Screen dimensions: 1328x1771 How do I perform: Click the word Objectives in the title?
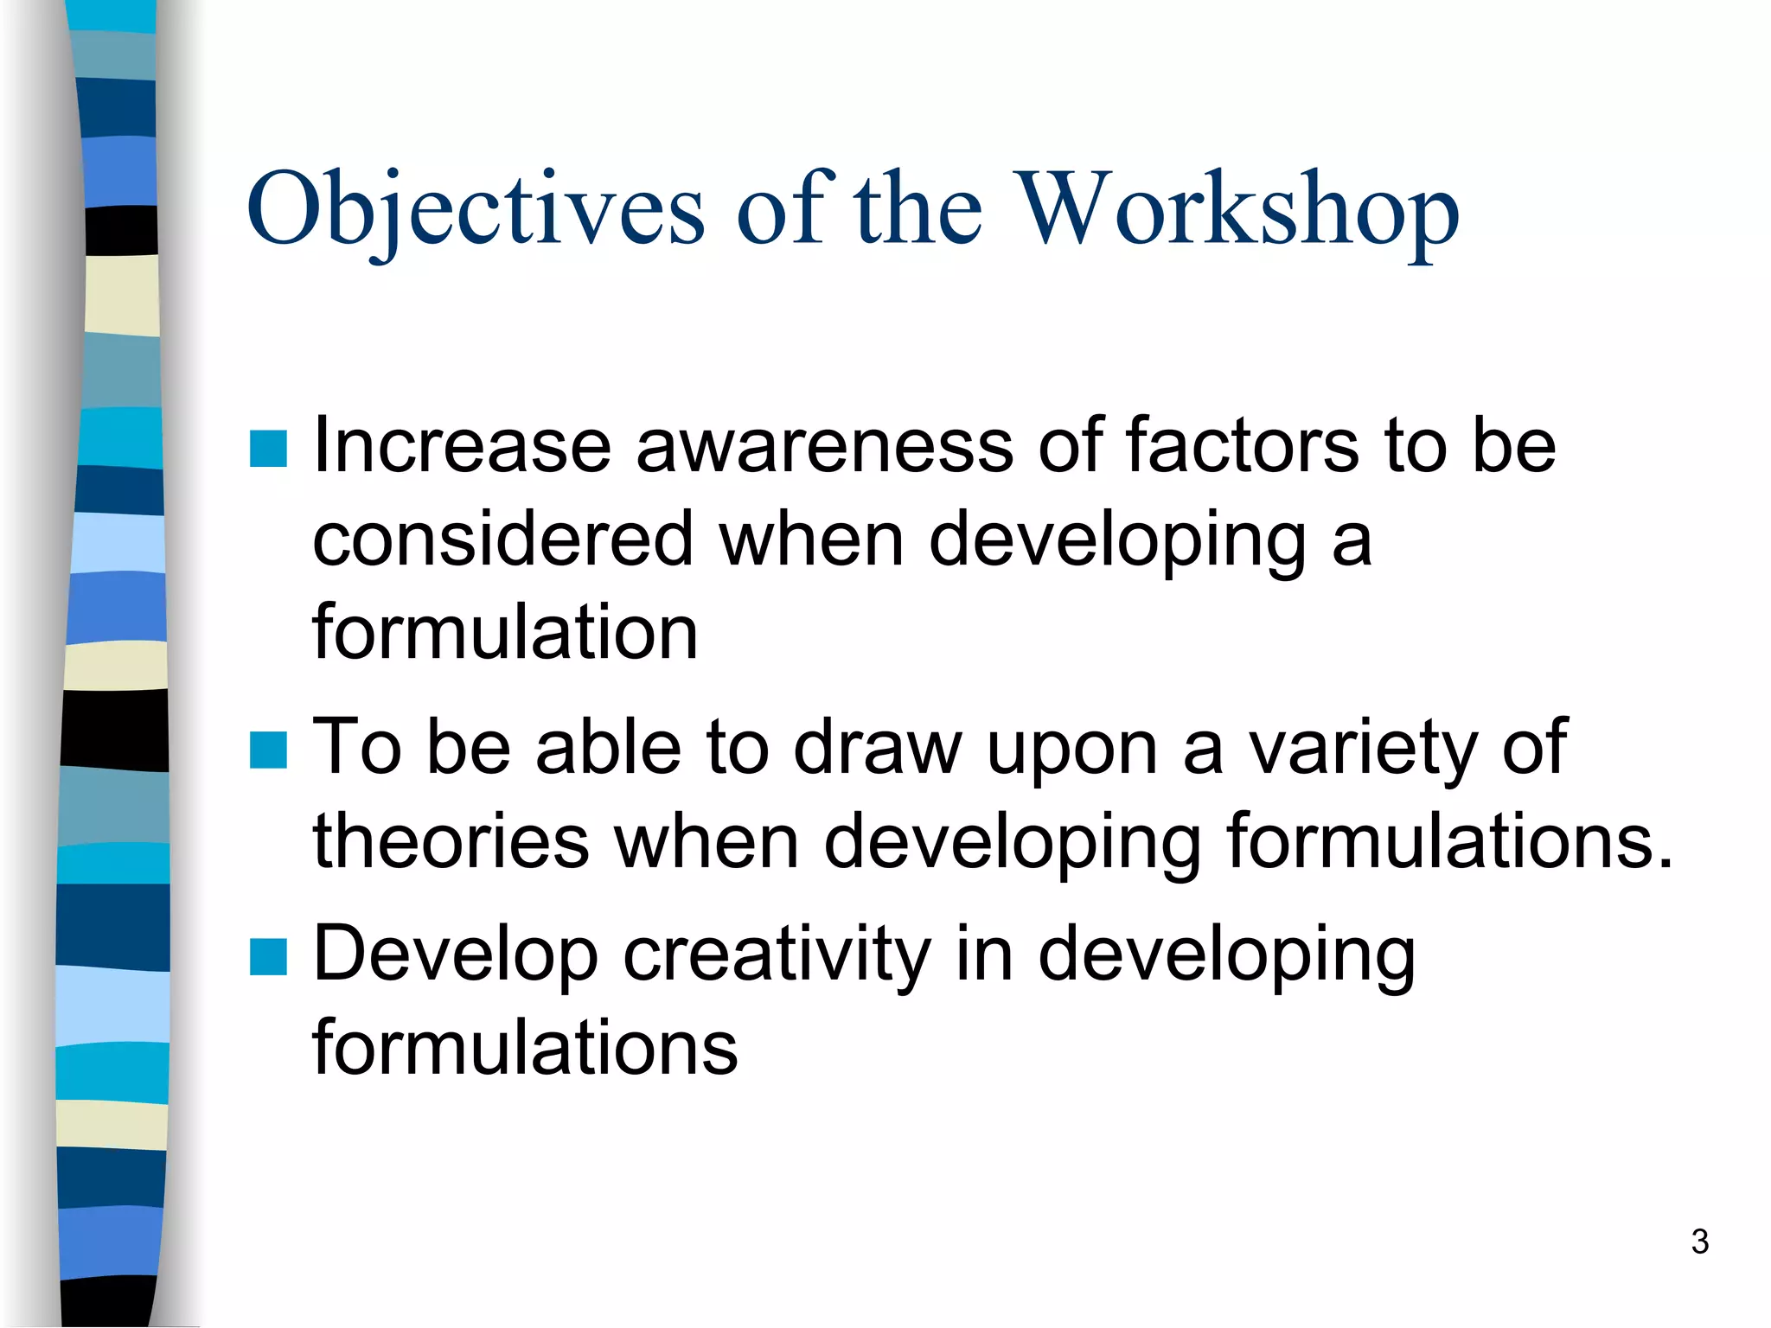pos(476,210)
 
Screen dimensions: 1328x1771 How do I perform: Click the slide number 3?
pos(1699,1242)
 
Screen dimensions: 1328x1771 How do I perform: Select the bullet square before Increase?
pos(268,449)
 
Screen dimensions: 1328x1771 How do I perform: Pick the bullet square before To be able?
pos(268,750)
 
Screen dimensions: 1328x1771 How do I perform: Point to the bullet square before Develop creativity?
pos(268,957)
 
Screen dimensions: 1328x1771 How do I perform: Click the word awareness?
pos(825,447)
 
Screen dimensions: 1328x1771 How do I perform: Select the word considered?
pos(502,540)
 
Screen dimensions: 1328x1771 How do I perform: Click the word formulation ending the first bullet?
pos(505,634)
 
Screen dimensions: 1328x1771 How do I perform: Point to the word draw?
pos(877,748)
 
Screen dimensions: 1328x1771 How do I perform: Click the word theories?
pos(451,841)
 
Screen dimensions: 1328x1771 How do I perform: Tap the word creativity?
pos(777,955)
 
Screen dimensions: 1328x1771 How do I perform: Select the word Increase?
pos(463,447)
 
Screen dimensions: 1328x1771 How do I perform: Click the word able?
pos(609,748)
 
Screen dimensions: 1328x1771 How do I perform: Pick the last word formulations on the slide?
pos(525,1049)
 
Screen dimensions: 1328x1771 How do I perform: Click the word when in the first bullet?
pos(811,540)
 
